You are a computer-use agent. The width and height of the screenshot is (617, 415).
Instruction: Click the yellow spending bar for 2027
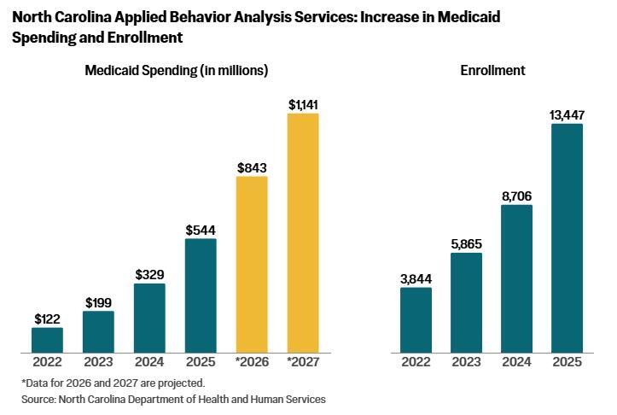(x=302, y=232)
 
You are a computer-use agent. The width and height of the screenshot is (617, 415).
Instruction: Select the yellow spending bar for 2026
(x=252, y=264)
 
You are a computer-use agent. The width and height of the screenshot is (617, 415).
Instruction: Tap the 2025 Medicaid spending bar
(x=201, y=295)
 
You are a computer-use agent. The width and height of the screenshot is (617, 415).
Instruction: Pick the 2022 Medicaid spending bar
(x=47, y=339)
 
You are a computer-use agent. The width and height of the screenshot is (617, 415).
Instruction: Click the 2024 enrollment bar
(x=515, y=278)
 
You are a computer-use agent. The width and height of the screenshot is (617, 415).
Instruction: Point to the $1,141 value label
(x=303, y=104)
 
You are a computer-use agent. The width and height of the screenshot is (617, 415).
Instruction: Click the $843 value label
(x=252, y=167)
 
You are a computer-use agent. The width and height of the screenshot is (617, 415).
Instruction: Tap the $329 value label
(x=149, y=274)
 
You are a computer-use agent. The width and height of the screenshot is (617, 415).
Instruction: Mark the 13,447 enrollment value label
(x=567, y=115)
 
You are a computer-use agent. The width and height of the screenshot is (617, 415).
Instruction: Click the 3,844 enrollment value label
(x=416, y=278)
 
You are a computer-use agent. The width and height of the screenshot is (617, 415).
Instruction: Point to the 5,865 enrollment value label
(x=466, y=243)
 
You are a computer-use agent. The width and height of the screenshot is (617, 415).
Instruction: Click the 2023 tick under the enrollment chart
(x=466, y=362)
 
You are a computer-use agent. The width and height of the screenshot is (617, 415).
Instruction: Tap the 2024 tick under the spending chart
(x=149, y=362)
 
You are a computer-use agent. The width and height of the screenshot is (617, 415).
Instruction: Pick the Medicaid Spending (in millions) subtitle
(x=177, y=71)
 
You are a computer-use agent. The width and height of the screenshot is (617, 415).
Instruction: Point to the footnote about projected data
(x=113, y=382)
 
